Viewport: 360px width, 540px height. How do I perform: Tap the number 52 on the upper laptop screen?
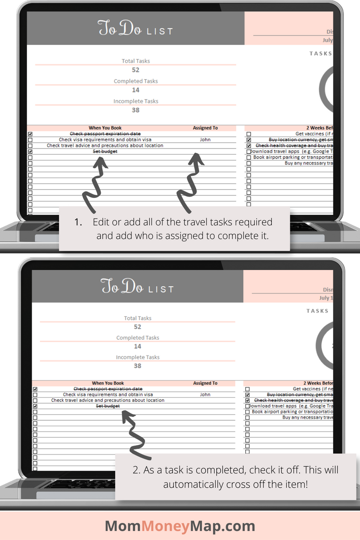(x=135, y=70)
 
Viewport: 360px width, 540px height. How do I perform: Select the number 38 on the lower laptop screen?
(x=137, y=366)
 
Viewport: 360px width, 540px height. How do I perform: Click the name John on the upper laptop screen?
(x=205, y=139)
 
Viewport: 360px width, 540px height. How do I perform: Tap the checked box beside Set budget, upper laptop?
(x=30, y=152)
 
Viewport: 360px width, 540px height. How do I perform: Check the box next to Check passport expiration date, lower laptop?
(x=35, y=389)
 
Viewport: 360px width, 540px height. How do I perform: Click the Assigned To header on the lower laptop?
(x=205, y=383)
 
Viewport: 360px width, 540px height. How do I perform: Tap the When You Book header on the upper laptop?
(x=105, y=128)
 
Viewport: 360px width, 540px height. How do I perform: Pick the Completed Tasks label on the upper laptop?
(x=135, y=81)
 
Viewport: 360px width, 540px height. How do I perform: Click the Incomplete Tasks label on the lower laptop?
(x=138, y=357)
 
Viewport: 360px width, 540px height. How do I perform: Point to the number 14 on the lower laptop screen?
(x=137, y=346)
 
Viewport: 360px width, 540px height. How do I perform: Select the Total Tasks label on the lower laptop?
(x=138, y=318)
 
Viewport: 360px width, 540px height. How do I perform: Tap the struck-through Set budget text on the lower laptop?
(x=108, y=406)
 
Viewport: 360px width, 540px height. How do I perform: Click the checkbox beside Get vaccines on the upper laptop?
(x=248, y=134)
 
